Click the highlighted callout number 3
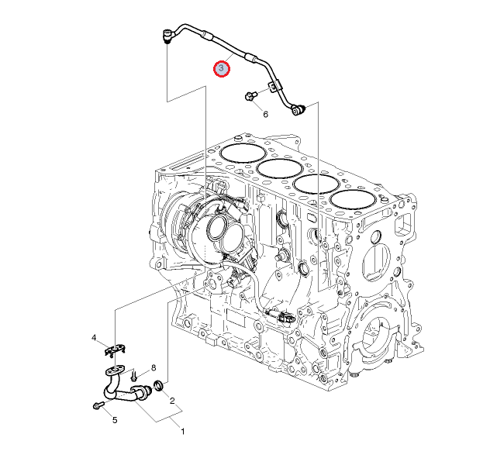point(222,68)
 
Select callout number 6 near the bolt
point(265,115)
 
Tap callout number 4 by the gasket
point(94,338)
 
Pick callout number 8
point(154,368)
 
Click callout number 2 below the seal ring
point(172,401)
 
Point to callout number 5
point(115,420)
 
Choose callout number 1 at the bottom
point(183,432)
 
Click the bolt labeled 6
point(250,96)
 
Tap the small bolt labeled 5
point(98,405)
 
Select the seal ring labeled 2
point(159,386)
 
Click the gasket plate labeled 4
point(115,350)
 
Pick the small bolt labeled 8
point(134,375)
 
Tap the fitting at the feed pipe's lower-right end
point(298,110)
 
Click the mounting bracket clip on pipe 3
point(274,86)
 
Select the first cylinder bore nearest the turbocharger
point(243,153)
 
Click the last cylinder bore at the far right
point(354,199)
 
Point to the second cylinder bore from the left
point(280,169)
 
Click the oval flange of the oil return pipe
point(115,371)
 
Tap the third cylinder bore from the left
point(316,184)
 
